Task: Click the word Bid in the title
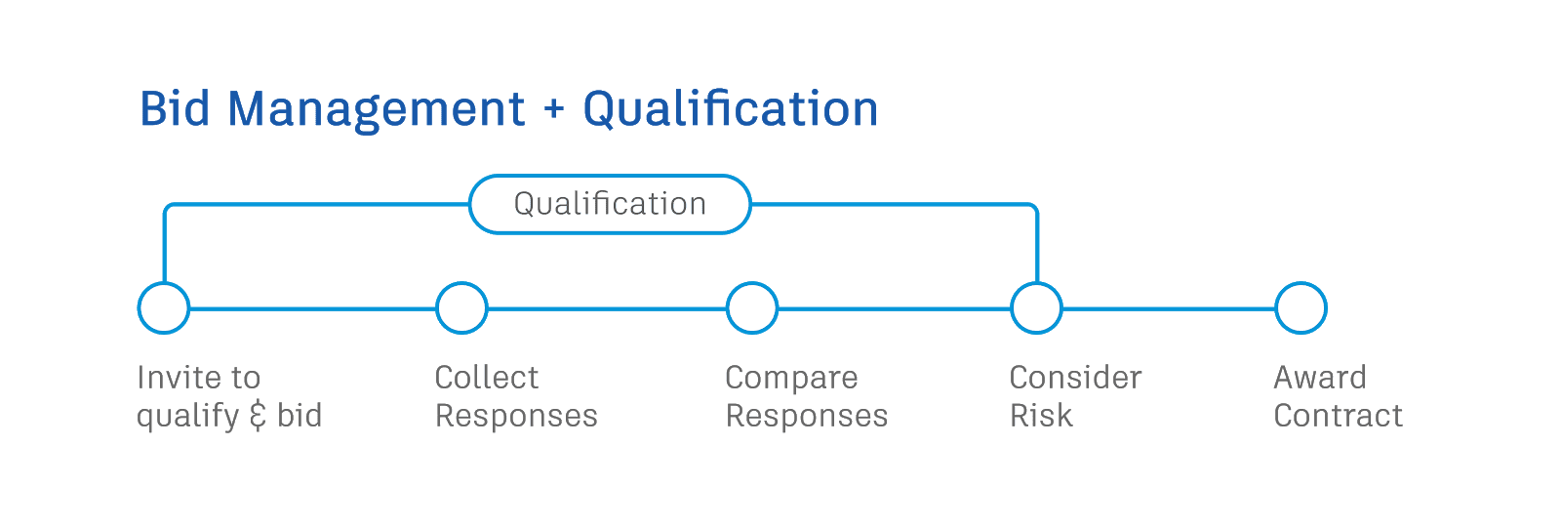175,109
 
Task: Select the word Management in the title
376,109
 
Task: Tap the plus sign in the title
554,109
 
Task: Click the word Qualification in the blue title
730,109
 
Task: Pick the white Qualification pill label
610,204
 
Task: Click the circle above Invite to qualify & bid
164,308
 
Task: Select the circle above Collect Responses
461,308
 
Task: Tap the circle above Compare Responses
752,308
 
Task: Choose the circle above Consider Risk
1036,308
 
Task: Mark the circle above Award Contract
1301,308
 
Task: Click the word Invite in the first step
170,378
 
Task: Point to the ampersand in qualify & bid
258,417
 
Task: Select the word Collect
487,378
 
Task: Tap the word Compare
791,379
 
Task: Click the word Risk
1041,417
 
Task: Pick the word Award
1321,378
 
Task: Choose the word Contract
1339,417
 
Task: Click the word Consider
1076,378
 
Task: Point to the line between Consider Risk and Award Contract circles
1169,308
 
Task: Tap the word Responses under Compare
807,417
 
